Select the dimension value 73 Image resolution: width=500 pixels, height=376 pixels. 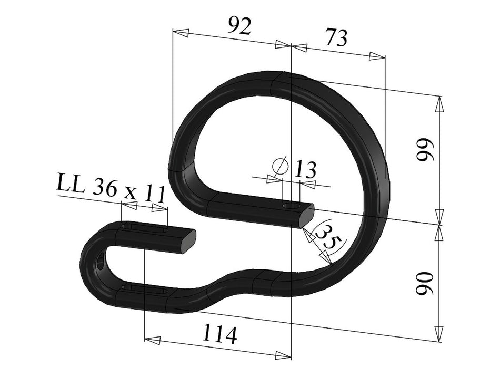(x=336, y=38)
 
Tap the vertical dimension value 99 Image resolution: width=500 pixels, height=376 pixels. (x=424, y=152)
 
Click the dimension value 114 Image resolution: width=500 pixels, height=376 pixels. (x=219, y=334)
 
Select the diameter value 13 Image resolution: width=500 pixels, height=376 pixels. (x=305, y=170)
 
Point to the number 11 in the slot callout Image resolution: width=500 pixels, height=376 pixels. (x=154, y=194)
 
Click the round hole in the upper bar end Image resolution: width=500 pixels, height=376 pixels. (x=290, y=205)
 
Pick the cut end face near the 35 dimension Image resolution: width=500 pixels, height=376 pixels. (x=306, y=216)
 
